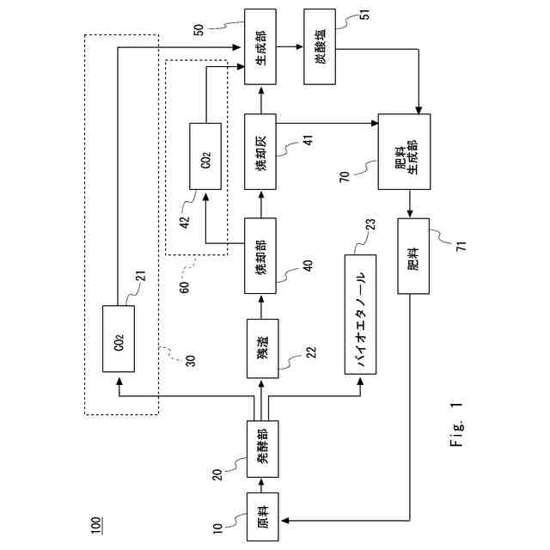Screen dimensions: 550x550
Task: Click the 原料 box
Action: (x=263, y=516)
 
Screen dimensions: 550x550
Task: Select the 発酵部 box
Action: (x=263, y=449)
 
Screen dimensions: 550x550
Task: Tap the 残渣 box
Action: (x=263, y=348)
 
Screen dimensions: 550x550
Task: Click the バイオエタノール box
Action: (x=361, y=315)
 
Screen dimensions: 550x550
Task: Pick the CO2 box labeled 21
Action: (x=119, y=339)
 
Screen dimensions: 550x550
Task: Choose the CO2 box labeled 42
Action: (x=205, y=156)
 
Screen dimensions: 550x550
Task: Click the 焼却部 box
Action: (x=260, y=256)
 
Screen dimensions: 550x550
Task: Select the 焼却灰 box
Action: (x=260, y=151)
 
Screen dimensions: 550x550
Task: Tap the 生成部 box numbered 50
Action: (x=260, y=46)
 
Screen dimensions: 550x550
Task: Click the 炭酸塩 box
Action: (x=320, y=46)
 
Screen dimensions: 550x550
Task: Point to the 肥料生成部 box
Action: (x=404, y=151)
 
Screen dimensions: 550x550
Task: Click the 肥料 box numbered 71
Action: (x=413, y=256)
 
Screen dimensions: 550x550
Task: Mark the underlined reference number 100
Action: (x=95, y=525)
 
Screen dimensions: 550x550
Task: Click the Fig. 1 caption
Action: (x=456, y=424)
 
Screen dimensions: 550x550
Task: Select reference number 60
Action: (x=184, y=287)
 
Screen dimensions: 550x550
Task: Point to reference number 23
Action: (x=370, y=224)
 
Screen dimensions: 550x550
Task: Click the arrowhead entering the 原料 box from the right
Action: (x=284, y=521)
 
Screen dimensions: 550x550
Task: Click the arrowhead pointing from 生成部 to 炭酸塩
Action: (x=300, y=46)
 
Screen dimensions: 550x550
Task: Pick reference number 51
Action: (x=365, y=14)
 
